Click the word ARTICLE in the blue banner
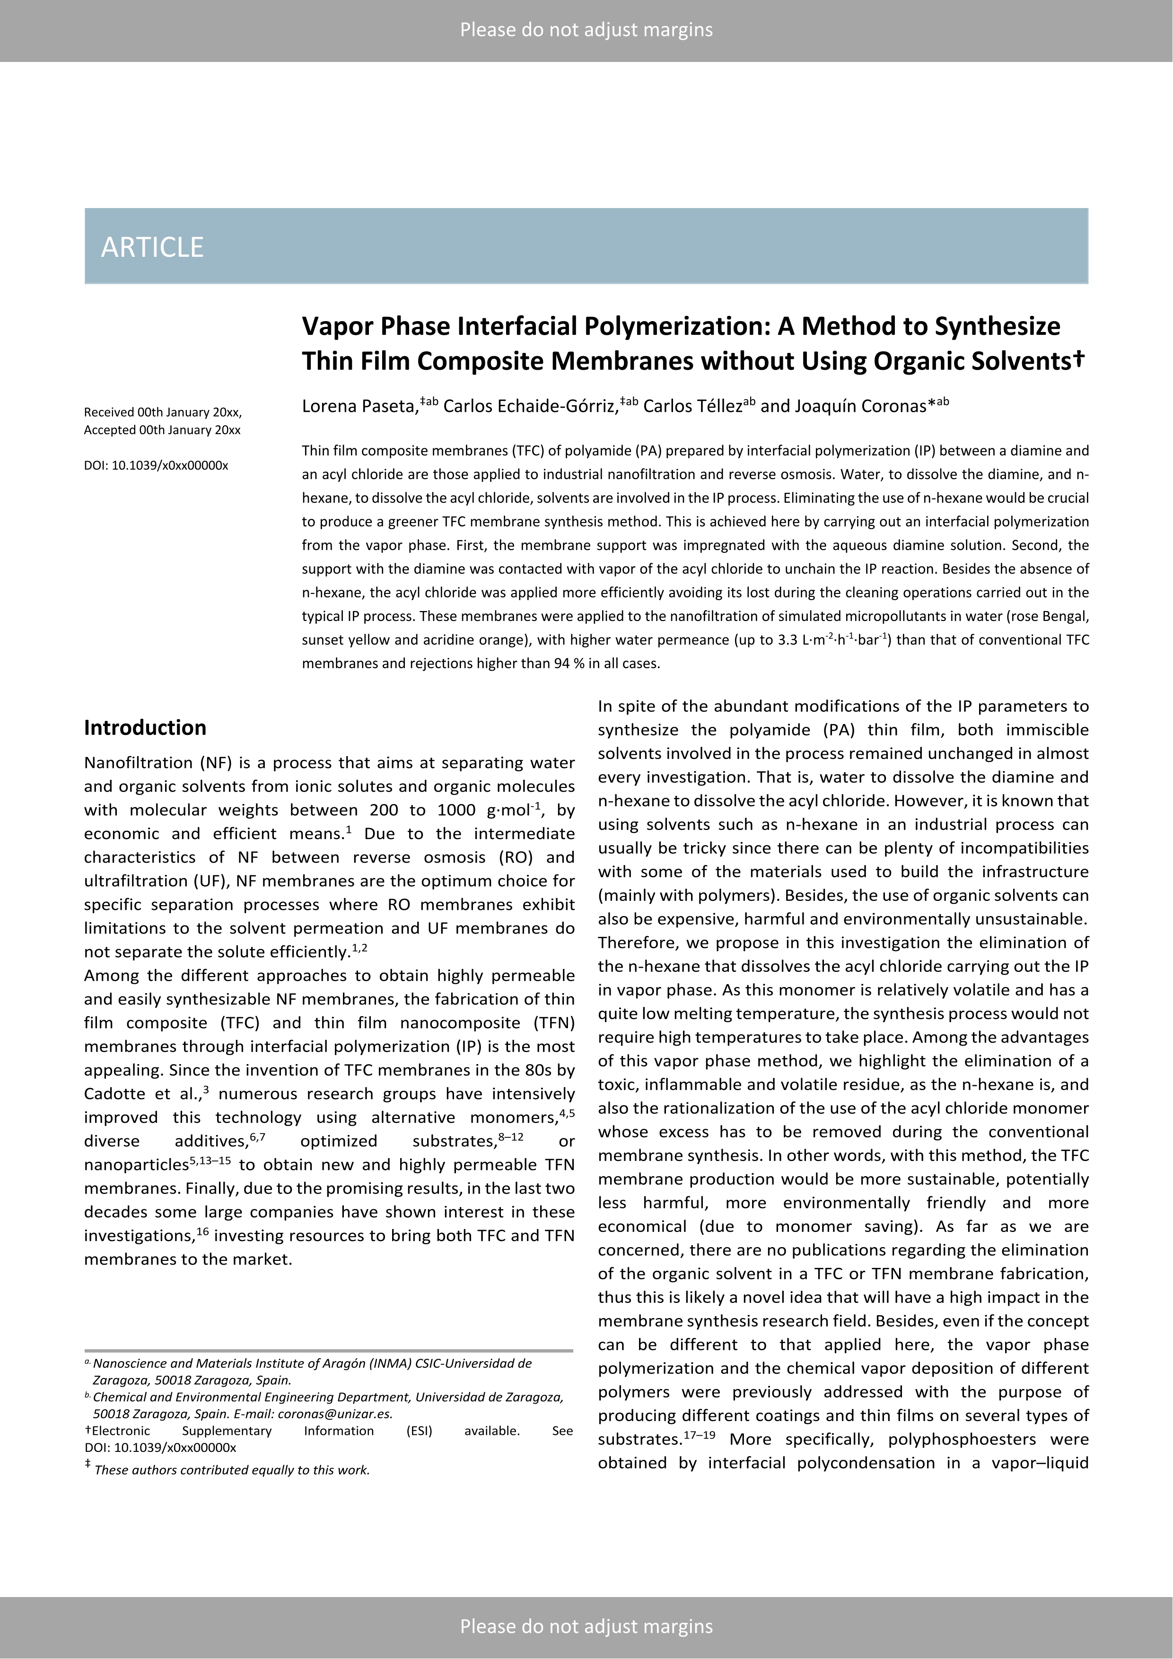point(152,247)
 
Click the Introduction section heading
point(145,728)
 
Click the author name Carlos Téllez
point(692,406)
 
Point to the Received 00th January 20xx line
point(163,412)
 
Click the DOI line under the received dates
point(156,465)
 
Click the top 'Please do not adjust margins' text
point(586,30)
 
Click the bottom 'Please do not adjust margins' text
point(586,1626)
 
